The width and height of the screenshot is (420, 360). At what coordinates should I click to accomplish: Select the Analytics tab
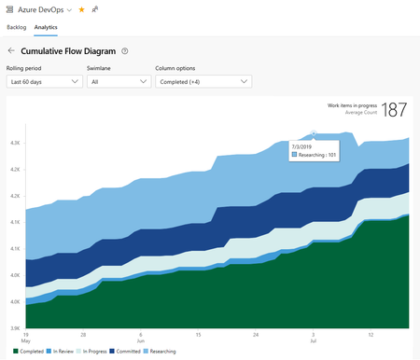pos(59,28)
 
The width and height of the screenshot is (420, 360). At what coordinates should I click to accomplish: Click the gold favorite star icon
pos(81,9)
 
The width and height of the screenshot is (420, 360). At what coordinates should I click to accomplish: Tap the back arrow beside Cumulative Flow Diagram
pos(11,51)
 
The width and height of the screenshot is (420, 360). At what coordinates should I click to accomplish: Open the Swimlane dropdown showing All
pos(119,82)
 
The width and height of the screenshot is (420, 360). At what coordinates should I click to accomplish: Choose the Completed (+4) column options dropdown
pos(203,82)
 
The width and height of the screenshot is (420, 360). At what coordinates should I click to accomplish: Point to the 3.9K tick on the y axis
pos(15,328)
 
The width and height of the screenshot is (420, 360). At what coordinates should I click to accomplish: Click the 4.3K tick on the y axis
pos(15,143)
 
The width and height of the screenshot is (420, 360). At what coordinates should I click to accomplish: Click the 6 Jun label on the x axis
pos(140,337)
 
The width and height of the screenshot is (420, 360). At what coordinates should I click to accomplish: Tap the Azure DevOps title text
pos(43,9)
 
